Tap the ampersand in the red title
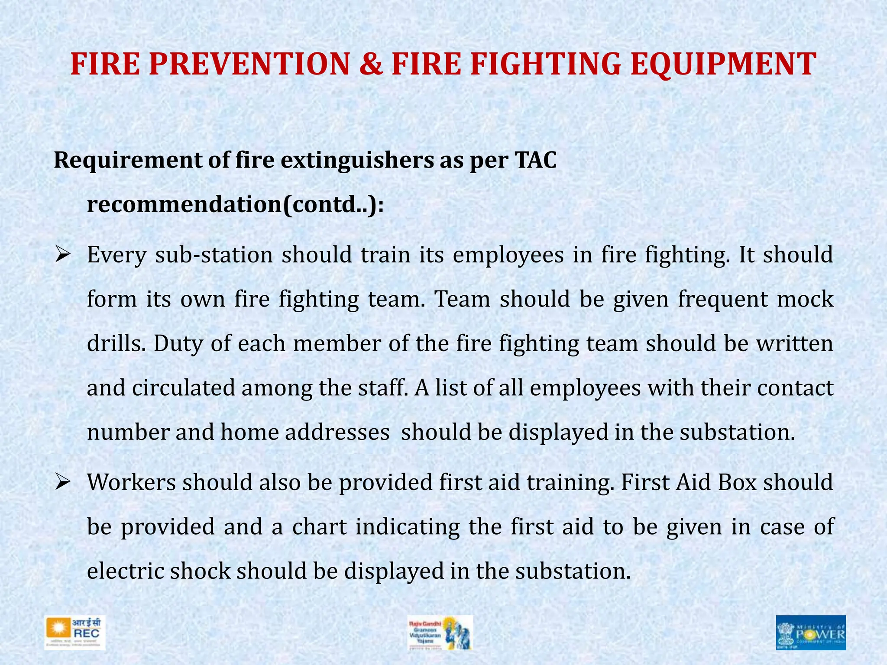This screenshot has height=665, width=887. tap(371, 64)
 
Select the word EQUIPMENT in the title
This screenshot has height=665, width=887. tap(723, 64)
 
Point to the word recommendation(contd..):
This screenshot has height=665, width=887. tap(235, 204)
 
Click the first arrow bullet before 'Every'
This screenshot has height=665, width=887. tap(62, 255)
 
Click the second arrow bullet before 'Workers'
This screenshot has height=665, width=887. tap(62, 482)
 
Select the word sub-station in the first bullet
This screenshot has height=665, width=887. tap(214, 255)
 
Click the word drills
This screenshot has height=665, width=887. tap(115, 343)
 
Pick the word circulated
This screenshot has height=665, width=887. tap(183, 388)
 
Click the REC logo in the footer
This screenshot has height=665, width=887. tap(74, 633)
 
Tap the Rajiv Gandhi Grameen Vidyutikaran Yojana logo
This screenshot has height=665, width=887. tap(440, 633)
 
